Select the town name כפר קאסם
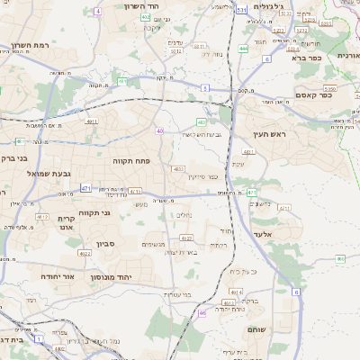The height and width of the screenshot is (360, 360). click(310, 95)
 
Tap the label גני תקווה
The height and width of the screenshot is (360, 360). click(94, 212)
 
